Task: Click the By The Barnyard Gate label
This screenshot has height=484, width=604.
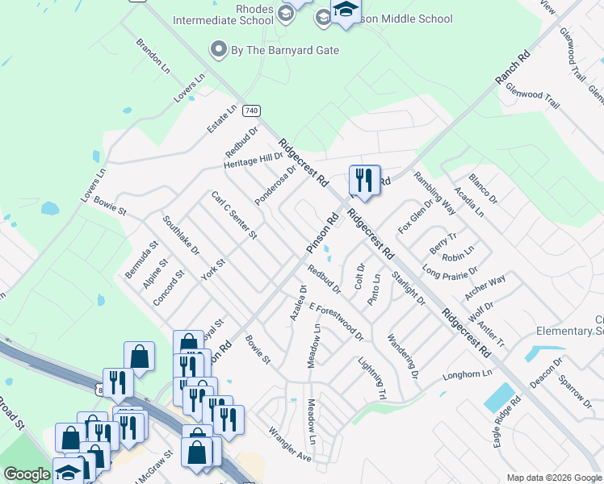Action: point(285,50)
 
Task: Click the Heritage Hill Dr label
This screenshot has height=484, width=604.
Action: point(254,161)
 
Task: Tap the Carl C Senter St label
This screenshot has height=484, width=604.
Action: point(234,215)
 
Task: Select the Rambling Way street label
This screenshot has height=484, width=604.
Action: point(434,194)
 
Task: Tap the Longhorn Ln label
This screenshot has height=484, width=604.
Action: point(467,375)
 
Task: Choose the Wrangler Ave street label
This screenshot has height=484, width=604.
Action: point(290,444)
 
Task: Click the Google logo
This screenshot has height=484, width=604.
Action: point(27,474)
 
